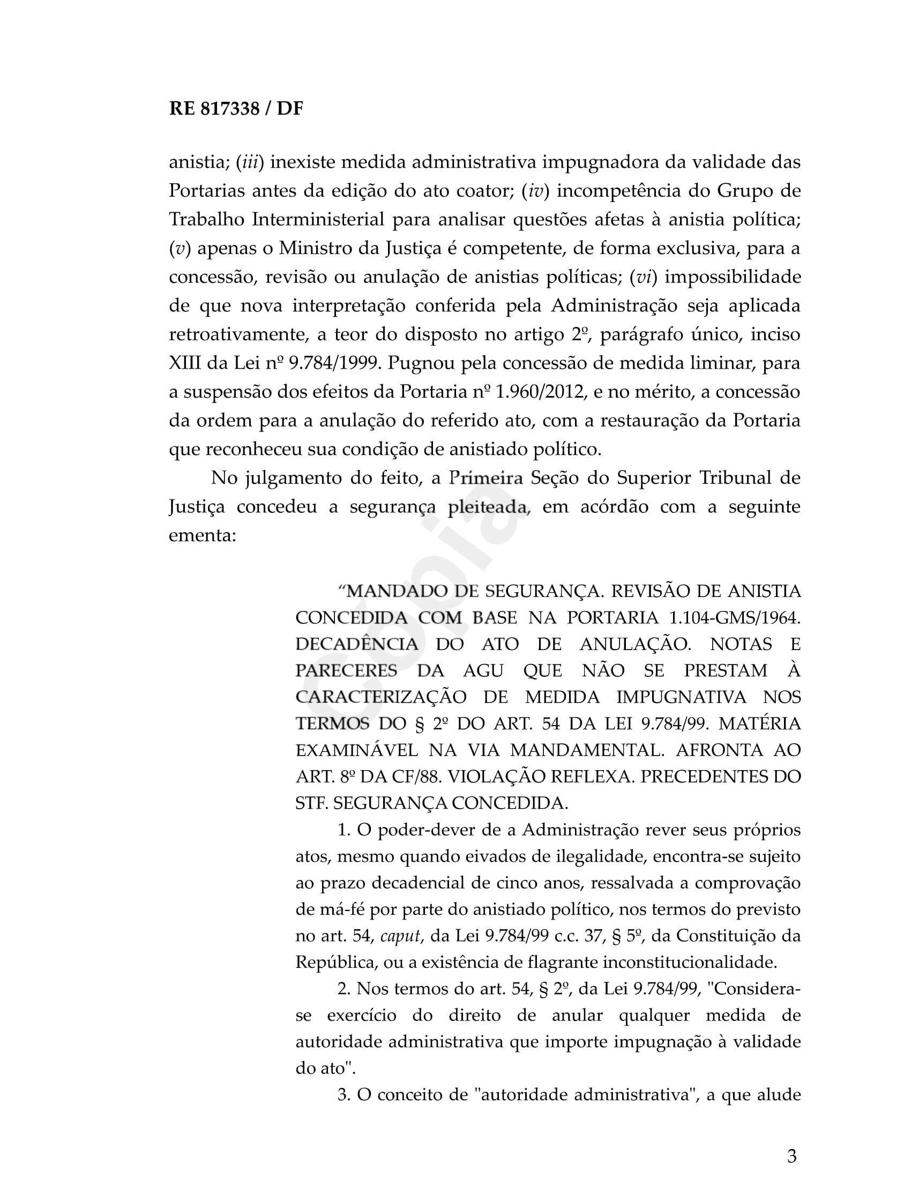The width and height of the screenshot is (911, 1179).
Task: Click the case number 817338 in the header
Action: pos(229,109)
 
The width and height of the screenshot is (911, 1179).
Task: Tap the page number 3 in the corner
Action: pos(791,1156)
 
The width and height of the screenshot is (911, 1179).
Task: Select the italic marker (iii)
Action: pos(250,162)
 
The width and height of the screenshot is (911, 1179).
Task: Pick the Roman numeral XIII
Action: pos(184,363)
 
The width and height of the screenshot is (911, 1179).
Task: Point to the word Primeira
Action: pos(486,478)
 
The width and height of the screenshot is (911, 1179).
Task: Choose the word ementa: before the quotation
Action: pos(203,535)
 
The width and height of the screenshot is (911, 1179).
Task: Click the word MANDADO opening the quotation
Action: pos(397,592)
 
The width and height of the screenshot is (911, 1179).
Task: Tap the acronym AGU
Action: pos(483,671)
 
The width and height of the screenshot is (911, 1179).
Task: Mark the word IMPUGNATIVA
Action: pos(681,697)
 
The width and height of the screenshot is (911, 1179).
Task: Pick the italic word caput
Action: pos(400,936)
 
